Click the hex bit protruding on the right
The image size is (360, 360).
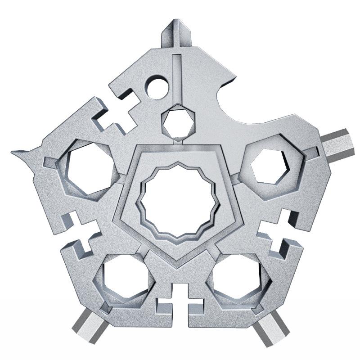tap(336, 143)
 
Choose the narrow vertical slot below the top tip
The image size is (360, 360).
tap(177, 76)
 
